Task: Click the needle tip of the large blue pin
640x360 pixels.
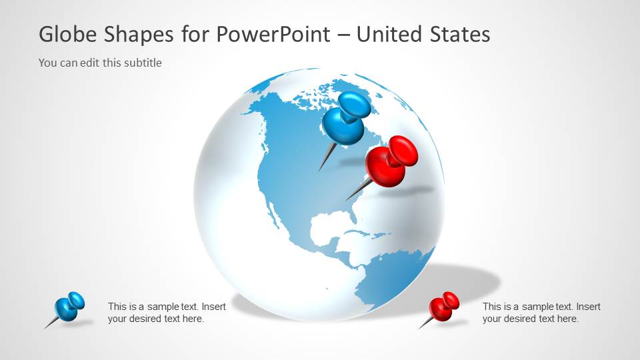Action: [319, 171]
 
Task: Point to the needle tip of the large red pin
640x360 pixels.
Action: [347, 199]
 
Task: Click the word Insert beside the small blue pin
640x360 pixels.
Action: [213, 307]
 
